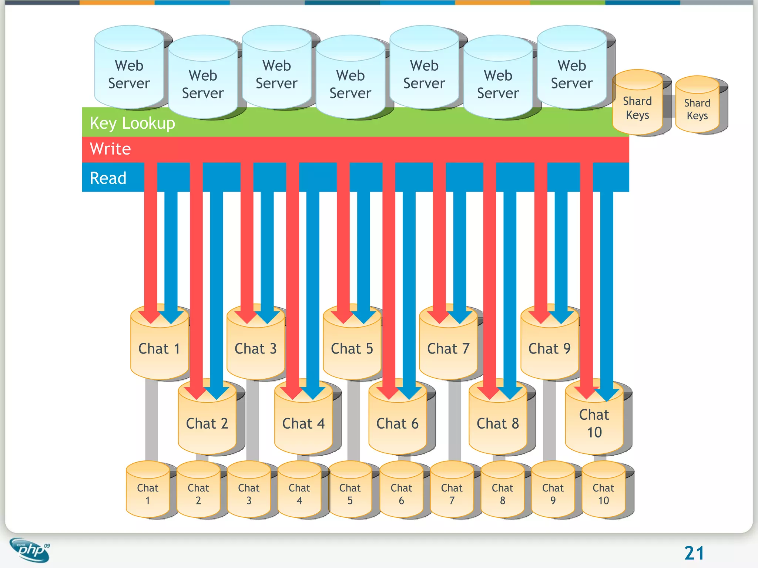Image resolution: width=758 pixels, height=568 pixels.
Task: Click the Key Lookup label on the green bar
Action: (132, 123)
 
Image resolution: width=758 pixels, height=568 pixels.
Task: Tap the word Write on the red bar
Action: (110, 149)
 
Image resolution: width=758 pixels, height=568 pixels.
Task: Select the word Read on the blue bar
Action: (108, 178)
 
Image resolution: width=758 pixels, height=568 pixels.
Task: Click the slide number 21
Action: (694, 553)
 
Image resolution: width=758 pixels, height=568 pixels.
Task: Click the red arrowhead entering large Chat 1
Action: (151, 317)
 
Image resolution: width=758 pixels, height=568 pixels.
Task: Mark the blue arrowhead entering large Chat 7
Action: (460, 317)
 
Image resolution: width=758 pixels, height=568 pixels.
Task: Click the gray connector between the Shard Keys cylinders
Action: (669, 106)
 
